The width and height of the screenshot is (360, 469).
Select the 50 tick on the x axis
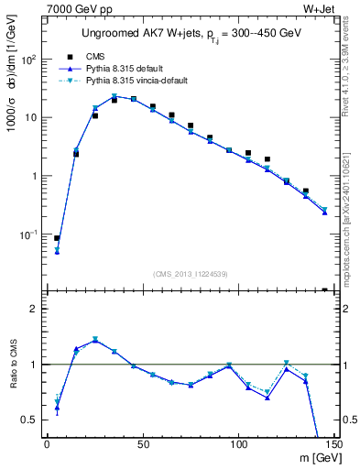tap(142, 444)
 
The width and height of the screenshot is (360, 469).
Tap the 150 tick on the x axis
tap(332, 444)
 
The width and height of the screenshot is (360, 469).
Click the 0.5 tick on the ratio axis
tap(30, 420)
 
